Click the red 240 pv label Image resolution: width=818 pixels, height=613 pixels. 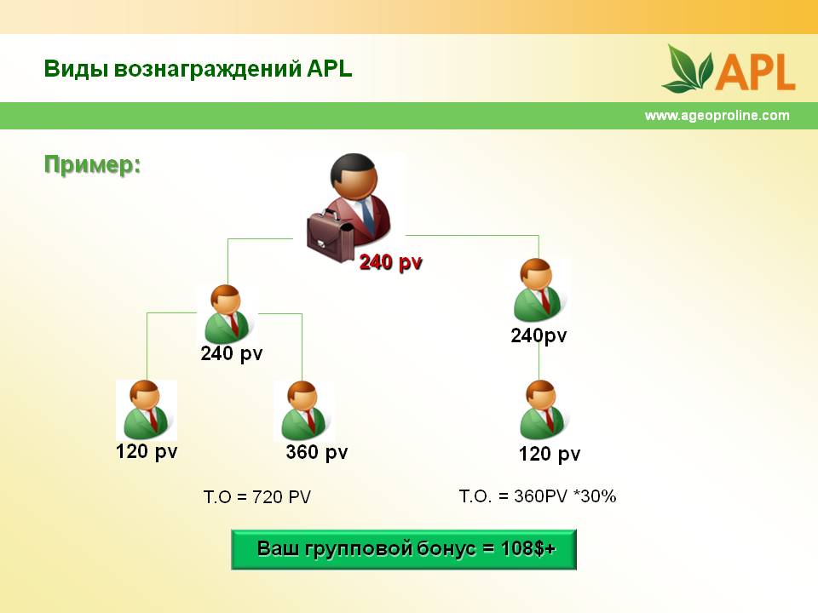(x=391, y=262)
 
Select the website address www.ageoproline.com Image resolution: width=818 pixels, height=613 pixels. (x=717, y=115)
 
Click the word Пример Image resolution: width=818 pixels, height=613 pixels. (x=92, y=164)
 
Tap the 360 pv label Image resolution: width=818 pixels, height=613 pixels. (x=317, y=452)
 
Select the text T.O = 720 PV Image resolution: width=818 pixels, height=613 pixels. (x=257, y=496)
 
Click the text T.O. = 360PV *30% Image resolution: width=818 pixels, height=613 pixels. (x=538, y=496)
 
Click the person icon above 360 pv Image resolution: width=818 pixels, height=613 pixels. (x=303, y=410)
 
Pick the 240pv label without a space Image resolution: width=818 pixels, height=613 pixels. (x=539, y=335)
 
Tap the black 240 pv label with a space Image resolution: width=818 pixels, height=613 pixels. (x=232, y=353)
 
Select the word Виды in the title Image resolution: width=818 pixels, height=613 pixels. (x=76, y=69)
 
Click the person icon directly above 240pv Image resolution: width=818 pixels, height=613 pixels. (x=538, y=289)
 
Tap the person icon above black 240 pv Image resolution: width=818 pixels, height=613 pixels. (x=227, y=314)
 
